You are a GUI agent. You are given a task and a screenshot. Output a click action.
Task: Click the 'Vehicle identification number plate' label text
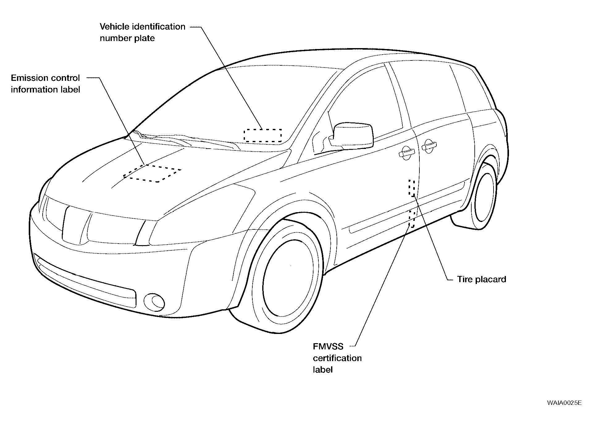(142, 32)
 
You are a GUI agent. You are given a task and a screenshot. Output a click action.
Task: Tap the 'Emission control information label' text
(45, 84)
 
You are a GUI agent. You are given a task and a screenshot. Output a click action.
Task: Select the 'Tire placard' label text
(482, 279)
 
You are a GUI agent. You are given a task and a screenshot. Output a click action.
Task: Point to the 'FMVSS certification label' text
(337, 358)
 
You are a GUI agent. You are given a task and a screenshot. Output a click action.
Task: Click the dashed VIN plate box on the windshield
(263, 135)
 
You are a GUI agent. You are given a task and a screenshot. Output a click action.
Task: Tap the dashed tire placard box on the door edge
(412, 188)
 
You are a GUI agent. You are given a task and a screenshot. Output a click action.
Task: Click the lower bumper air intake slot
(86, 281)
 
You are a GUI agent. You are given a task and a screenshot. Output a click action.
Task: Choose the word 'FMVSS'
(328, 347)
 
